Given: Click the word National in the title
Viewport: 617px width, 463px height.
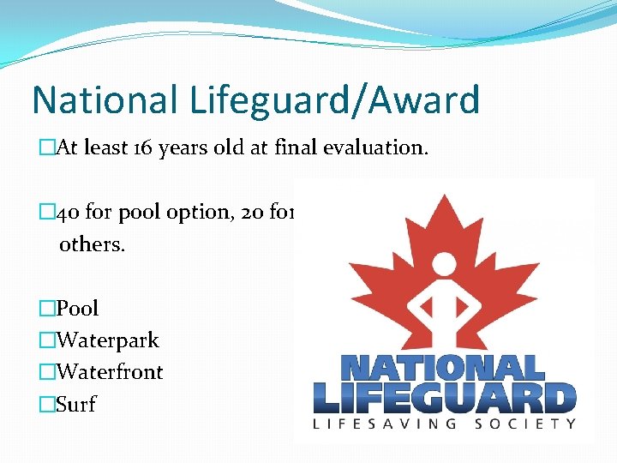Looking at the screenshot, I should coord(103,100).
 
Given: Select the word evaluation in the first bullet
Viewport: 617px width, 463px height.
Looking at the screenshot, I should coord(371,148).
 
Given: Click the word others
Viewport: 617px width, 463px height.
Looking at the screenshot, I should coord(91,244).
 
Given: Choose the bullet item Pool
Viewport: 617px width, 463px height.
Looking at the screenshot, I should coord(77,308).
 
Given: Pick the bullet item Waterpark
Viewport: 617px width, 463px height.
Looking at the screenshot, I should coord(107,340).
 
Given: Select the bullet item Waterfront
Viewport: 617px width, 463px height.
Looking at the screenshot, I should coord(109,372).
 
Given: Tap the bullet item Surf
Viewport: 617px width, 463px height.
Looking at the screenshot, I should coord(75,404).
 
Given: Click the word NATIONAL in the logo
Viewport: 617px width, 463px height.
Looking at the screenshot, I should coord(443,368).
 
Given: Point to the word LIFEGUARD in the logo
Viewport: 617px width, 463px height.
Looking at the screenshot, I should coord(444,398).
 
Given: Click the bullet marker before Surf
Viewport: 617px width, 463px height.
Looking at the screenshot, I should coord(46,404).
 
